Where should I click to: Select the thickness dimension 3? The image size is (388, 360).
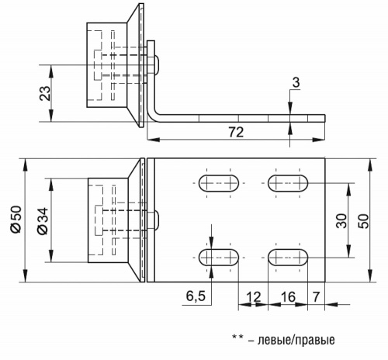pyautogui.click(x=296, y=83)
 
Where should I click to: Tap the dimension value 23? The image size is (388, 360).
pyautogui.click(x=45, y=93)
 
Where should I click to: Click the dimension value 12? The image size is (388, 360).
pyautogui.click(x=252, y=296)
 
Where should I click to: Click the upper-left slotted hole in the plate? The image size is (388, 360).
pyautogui.click(x=220, y=184)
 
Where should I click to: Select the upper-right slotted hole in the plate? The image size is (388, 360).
pyautogui.click(x=288, y=184)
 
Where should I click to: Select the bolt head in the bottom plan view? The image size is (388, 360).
pyautogui.click(x=156, y=220)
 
